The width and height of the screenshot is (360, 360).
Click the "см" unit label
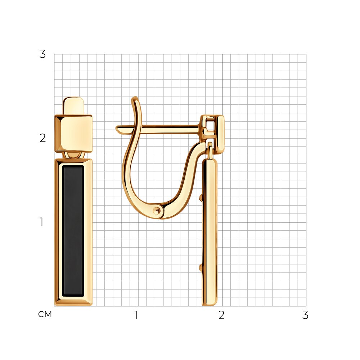pos(45,314)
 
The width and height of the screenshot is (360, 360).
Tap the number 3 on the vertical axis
pos(42,54)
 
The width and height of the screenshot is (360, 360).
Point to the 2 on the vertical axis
pos(42,138)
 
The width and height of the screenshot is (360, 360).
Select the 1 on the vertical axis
pos(41,222)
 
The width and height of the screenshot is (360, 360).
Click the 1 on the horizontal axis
pos(136,315)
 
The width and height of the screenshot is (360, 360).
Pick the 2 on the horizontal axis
pos(221,315)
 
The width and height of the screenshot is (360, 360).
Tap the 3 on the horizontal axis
pos(305,315)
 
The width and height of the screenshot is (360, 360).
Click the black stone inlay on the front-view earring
pos(73,231)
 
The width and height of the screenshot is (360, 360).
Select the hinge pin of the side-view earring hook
pos(157,211)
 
